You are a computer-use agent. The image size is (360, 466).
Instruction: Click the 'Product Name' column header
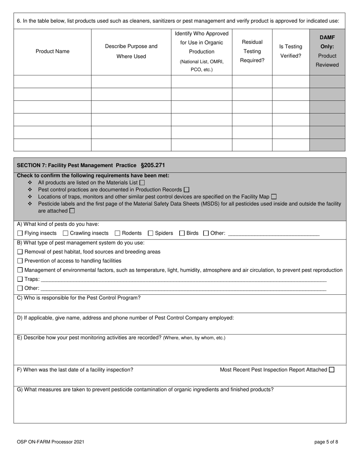(52, 52)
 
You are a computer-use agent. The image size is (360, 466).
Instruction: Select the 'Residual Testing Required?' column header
(252, 52)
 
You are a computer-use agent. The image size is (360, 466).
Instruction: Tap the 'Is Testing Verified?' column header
(291, 52)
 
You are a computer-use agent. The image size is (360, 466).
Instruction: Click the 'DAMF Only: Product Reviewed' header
(327, 51)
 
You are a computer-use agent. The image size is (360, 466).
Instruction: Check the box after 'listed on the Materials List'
(142, 183)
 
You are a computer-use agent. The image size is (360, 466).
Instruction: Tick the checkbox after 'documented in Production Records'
(186, 189)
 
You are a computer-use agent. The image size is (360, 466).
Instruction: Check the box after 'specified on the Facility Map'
(274, 197)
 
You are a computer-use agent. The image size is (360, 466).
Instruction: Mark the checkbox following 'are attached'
(72, 211)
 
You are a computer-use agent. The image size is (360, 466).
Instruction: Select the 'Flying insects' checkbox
(20, 233)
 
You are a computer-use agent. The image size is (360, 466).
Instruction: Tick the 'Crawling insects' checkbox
(66, 233)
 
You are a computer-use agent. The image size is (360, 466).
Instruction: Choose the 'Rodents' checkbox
(117, 233)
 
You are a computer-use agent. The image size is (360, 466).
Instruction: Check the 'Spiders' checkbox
(150, 233)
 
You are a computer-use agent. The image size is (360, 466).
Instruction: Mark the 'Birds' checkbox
(182, 233)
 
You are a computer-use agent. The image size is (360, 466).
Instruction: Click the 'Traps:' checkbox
(20, 279)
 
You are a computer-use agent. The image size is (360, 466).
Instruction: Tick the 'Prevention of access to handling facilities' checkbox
(20, 261)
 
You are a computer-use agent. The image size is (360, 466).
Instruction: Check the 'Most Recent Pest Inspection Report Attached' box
(332, 370)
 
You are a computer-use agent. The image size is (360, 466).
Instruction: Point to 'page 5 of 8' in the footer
(326, 442)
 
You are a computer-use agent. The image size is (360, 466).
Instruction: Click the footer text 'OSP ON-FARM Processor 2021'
(51, 442)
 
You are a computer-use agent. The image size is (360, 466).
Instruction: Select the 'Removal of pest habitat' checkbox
(20, 252)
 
